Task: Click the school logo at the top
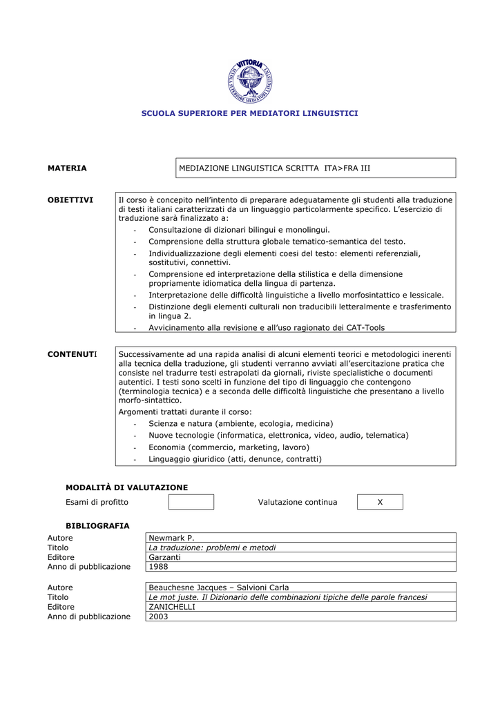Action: (x=250, y=81)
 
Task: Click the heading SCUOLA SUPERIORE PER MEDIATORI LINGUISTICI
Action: (x=250, y=113)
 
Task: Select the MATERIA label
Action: (x=67, y=168)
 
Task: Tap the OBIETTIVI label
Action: (x=70, y=200)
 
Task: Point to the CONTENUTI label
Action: (x=72, y=354)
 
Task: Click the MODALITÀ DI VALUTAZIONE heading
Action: (x=126, y=487)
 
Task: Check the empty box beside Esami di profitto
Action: (x=191, y=502)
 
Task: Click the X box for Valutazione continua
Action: (x=380, y=502)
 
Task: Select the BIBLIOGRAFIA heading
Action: (x=97, y=525)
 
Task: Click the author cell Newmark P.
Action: (x=172, y=538)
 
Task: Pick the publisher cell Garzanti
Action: (x=164, y=557)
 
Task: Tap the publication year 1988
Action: (x=158, y=567)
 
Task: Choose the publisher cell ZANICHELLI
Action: (x=172, y=607)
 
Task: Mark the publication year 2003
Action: (x=158, y=617)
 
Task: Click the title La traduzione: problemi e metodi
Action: (x=212, y=548)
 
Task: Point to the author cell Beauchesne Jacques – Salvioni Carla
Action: (x=219, y=588)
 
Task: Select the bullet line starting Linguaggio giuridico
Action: (x=235, y=458)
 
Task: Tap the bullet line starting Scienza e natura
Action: (x=240, y=423)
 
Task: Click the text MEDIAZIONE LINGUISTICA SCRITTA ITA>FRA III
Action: (x=275, y=168)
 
